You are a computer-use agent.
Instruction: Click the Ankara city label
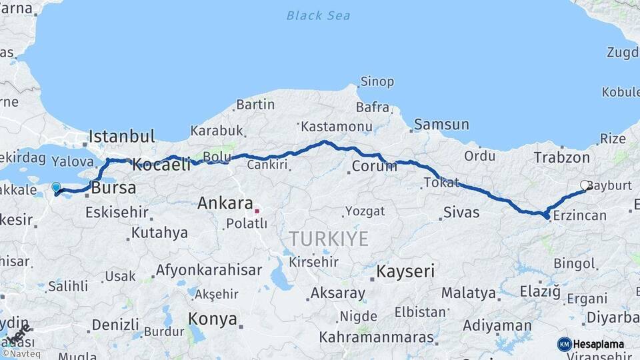coord(225,203)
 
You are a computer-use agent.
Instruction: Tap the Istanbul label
coord(122,137)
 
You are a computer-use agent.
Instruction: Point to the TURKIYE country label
coord(329,239)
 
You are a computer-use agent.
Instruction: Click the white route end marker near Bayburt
coord(585,186)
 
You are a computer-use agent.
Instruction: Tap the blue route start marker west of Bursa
coord(56,189)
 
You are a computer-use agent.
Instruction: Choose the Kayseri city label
coord(405,271)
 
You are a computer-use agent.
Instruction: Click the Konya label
coord(212,319)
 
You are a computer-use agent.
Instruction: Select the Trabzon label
coord(561,157)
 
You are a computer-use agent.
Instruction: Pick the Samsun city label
coord(441,125)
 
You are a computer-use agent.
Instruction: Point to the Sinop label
coord(377,82)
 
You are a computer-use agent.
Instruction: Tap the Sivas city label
coord(461,213)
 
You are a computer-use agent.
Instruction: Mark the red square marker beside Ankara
coord(257,211)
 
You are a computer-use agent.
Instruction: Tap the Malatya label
coord(468,293)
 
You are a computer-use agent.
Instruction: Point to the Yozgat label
coord(365,211)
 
